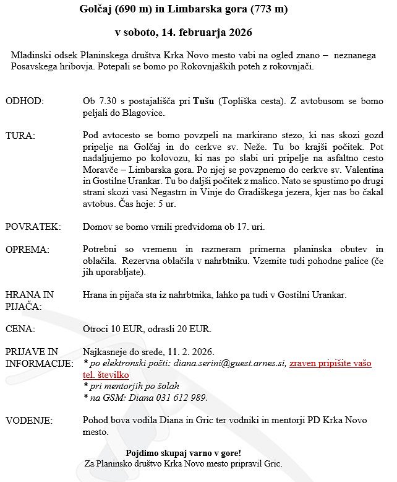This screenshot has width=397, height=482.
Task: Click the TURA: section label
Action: coord(20,134)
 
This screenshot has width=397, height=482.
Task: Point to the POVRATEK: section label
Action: coord(33,227)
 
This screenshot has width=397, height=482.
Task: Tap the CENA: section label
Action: coord(20,328)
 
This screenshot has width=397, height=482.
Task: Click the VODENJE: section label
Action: coord(29,421)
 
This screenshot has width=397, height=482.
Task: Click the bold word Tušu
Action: coord(203,100)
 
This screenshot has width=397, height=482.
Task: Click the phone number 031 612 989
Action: coord(184,398)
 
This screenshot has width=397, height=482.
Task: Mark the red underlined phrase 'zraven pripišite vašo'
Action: coord(330,364)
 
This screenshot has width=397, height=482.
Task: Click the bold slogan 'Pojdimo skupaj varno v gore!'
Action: coord(183,453)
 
